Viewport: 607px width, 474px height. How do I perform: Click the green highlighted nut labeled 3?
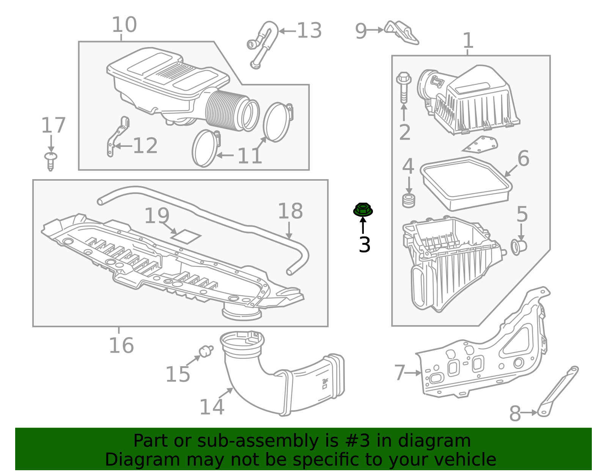pyautogui.click(x=363, y=209)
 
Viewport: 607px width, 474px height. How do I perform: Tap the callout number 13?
pyautogui.click(x=309, y=31)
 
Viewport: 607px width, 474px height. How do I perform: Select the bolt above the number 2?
pyautogui.click(x=404, y=87)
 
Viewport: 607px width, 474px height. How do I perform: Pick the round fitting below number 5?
pyautogui.click(x=519, y=247)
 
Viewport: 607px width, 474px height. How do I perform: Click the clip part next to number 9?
pyautogui.click(x=401, y=32)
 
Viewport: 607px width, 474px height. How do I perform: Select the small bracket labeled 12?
pyautogui.click(x=117, y=137)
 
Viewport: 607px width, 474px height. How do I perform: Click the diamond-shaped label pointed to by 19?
pyautogui.click(x=186, y=236)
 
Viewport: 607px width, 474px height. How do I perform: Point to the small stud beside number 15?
pyautogui.click(x=206, y=351)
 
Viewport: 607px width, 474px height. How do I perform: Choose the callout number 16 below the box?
pyautogui.click(x=121, y=345)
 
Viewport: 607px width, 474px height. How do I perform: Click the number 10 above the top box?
pyautogui.click(x=124, y=25)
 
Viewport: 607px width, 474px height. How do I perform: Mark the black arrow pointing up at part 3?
pyautogui.click(x=363, y=226)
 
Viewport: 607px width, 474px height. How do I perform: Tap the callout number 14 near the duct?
pyautogui.click(x=212, y=407)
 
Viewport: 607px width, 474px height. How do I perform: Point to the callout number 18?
pyautogui.click(x=290, y=211)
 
